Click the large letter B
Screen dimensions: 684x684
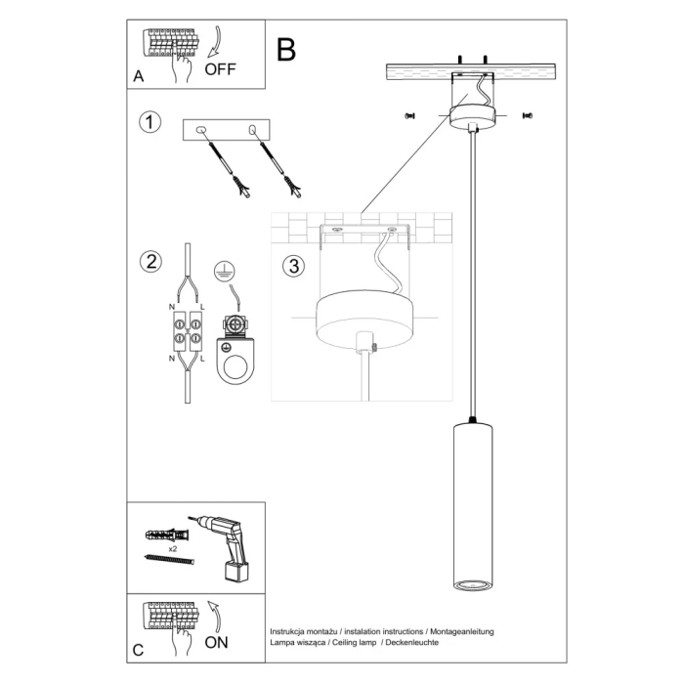click(x=285, y=49)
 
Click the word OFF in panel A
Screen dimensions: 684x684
click(x=222, y=70)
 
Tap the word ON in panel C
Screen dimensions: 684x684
click(x=218, y=642)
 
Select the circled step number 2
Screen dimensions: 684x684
click(x=150, y=261)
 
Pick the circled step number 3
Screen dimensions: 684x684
click(x=291, y=265)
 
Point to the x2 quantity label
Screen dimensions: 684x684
click(x=172, y=550)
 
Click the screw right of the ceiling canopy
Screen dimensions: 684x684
click(x=528, y=116)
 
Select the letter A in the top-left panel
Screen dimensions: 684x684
click(x=138, y=75)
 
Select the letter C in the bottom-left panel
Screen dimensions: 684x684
click(x=138, y=648)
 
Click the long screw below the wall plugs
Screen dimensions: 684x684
click(x=172, y=560)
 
